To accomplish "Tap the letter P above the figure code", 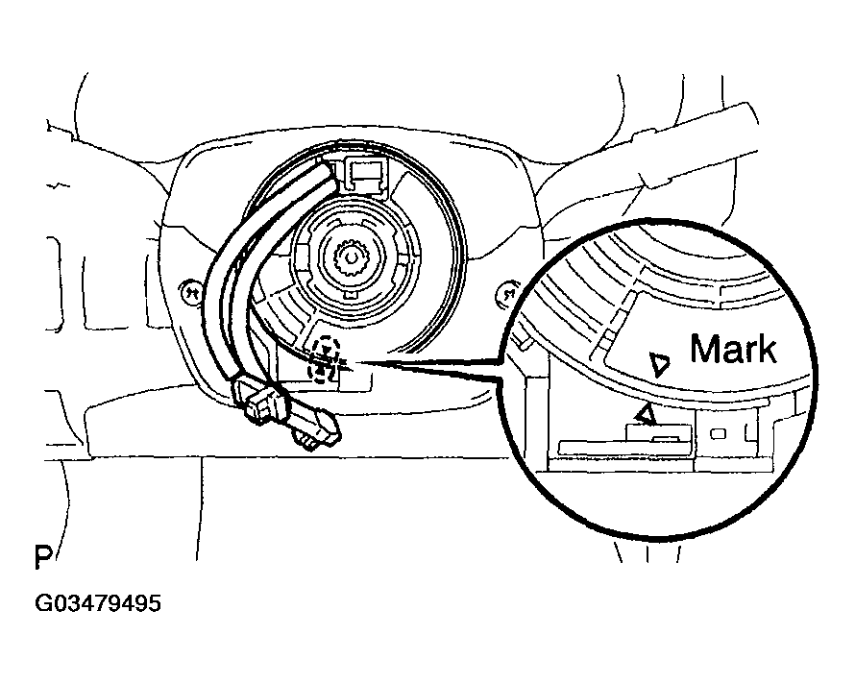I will pyautogui.click(x=44, y=558).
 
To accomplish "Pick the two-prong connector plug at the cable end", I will pyautogui.click(x=316, y=429).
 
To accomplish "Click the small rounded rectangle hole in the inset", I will pyautogui.click(x=717, y=434).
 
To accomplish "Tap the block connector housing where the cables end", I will pyautogui.click(x=257, y=399).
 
